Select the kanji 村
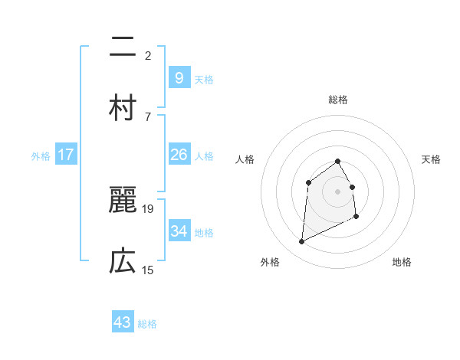click(123, 108)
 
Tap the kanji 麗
click(123, 201)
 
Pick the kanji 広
click(123, 262)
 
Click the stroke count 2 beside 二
click(148, 55)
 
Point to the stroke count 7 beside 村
click(148, 116)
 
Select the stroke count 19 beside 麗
click(149, 208)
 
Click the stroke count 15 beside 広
click(149, 270)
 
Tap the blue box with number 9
click(179, 77)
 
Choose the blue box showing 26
click(179, 155)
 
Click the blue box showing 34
click(179, 231)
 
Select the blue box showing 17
click(66, 155)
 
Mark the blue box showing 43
click(123, 322)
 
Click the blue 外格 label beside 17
click(41, 155)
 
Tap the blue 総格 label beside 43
click(148, 324)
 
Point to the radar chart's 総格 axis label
click(338, 100)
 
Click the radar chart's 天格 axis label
click(432, 159)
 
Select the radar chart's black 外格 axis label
click(270, 262)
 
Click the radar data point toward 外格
click(302, 242)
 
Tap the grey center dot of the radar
click(337, 191)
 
